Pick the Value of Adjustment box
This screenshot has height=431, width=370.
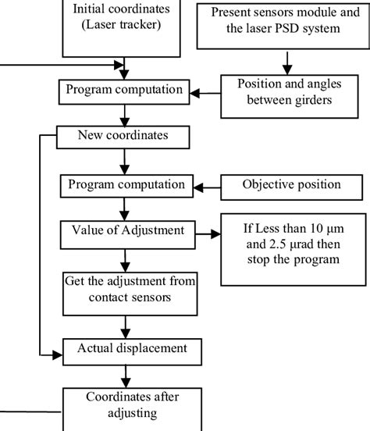point(123,232)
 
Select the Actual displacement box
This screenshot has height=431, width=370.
point(123,349)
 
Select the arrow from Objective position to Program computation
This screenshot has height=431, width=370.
point(206,186)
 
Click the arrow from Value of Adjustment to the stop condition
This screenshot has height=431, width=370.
point(205,233)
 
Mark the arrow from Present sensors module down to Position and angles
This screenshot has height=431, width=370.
point(288,60)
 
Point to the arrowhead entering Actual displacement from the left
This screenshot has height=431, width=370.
point(56,354)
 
